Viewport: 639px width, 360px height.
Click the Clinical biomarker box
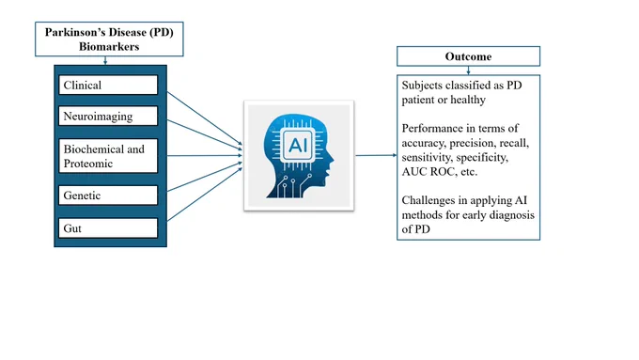click(x=108, y=85)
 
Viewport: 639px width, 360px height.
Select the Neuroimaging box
click(x=108, y=116)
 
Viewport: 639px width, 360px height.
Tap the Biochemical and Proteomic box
click(x=108, y=156)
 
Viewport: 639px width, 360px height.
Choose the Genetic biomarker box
click(x=108, y=196)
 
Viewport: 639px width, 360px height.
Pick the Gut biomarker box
click(x=108, y=228)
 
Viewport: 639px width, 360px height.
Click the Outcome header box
click(x=468, y=56)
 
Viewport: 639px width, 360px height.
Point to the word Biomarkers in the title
click(x=109, y=46)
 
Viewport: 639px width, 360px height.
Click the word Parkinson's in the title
click(x=67, y=32)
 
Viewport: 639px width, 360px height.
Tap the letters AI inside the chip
click(x=298, y=145)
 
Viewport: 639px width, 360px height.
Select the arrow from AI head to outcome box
click(x=376, y=155)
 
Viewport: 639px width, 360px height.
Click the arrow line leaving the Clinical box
click(x=205, y=118)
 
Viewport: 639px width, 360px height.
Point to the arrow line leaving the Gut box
click(x=205, y=195)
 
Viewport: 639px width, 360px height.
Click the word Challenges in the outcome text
click(x=430, y=200)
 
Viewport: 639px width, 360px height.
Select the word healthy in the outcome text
click(x=468, y=100)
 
